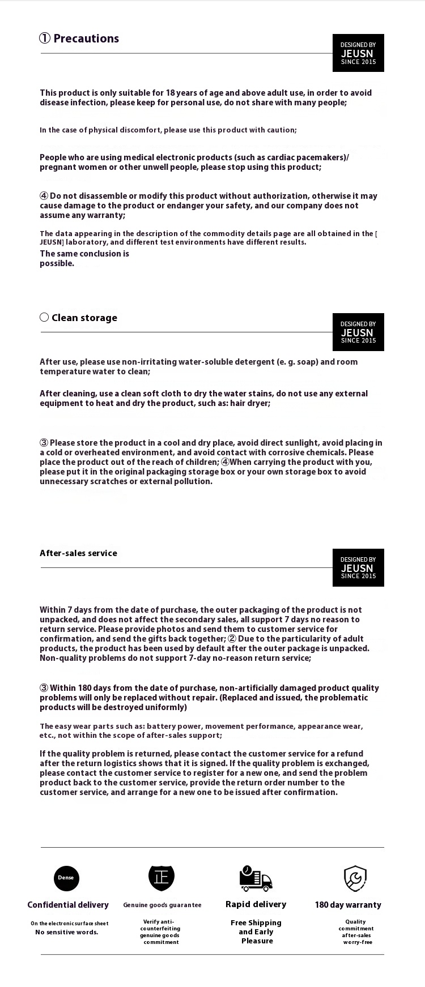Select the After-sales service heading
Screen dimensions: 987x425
coord(78,553)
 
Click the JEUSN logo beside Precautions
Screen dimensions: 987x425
coord(358,53)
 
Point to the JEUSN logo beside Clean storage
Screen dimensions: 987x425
coord(358,332)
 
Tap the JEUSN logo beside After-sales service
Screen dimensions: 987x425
coord(358,568)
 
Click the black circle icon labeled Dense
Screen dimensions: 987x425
coord(66,878)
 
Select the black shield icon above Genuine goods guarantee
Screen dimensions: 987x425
coord(161,878)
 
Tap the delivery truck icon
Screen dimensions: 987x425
coord(256,879)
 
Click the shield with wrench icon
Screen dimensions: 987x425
coord(355,878)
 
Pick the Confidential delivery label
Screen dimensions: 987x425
coord(68,905)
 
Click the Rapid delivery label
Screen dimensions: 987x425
coord(256,904)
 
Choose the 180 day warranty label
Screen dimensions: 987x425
coord(348,905)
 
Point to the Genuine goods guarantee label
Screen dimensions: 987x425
coord(162,905)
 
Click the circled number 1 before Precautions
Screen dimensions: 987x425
coord(45,39)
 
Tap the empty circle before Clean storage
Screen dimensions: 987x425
coord(44,318)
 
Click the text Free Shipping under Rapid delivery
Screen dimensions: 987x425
coord(256,923)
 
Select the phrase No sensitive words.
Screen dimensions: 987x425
coord(67,932)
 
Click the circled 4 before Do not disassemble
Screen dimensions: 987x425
coord(44,196)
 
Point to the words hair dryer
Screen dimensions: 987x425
coord(249,403)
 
